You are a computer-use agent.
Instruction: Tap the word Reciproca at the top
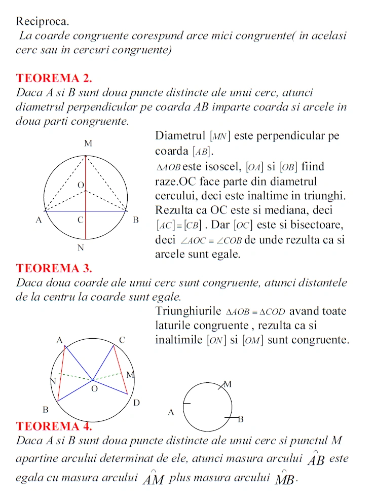point(43,21)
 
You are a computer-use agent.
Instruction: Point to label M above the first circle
point(88,143)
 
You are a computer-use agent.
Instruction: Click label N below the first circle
point(81,248)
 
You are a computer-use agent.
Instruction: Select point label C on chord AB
point(80,220)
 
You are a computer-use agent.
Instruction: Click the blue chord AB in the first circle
point(106,210)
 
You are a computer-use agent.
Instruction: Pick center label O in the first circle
point(80,185)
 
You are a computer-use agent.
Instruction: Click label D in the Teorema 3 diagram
point(136,403)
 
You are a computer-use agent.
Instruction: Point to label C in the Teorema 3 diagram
point(122,340)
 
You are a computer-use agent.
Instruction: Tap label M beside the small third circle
point(228,384)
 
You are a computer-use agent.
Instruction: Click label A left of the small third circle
point(171,412)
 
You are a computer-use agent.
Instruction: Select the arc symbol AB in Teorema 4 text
point(316,459)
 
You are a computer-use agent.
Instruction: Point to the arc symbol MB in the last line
point(285,478)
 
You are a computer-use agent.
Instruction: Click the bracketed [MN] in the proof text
point(219,136)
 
